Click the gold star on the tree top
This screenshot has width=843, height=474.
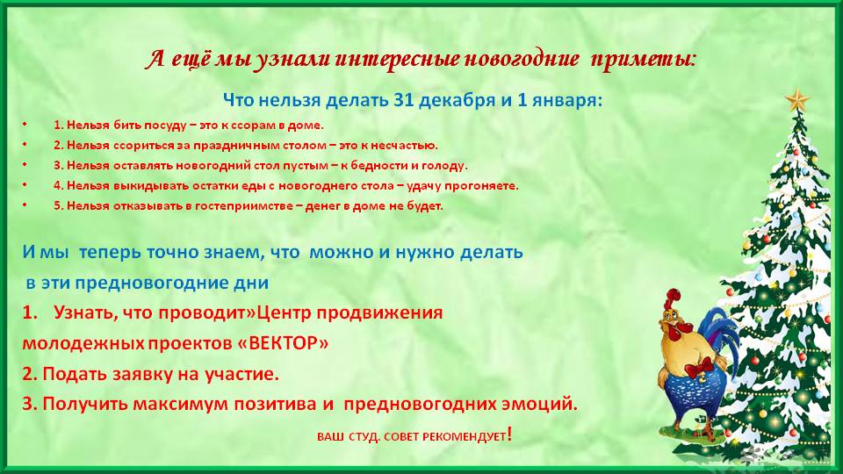click(796, 100)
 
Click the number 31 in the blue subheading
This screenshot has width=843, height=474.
click(404, 100)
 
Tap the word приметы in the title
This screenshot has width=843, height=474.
click(643, 60)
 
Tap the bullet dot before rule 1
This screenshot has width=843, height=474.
click(25, 125)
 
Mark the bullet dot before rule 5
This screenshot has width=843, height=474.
click(25, 205)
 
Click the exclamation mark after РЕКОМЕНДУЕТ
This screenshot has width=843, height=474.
click(509, 434)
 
